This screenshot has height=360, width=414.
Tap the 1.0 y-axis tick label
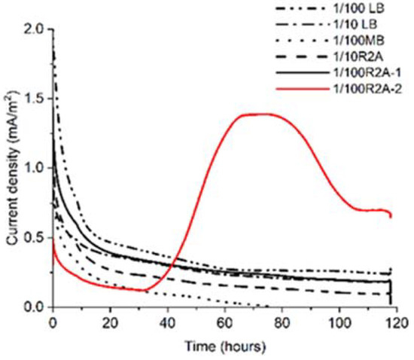[x=35, y=168]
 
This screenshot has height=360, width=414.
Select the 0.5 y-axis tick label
[x=35, y=238]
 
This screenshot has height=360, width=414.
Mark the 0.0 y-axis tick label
[x=35, y=307]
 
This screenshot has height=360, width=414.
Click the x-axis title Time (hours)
[x=224, y=347]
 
